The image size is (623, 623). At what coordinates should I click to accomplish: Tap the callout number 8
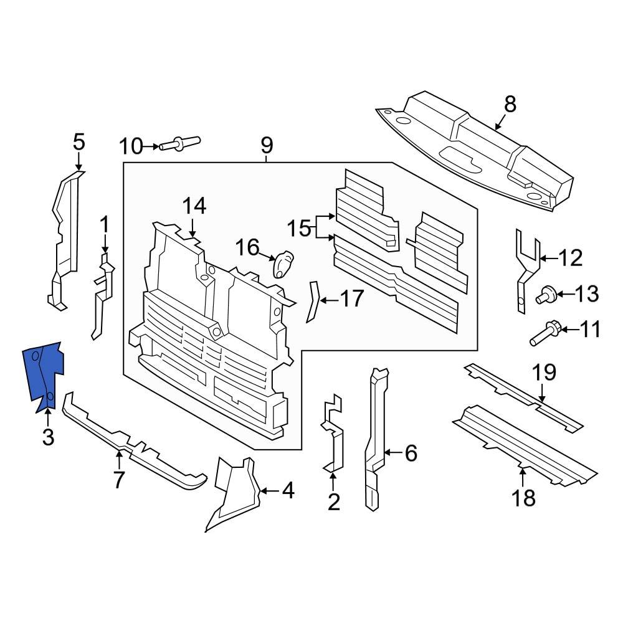coord(510,104)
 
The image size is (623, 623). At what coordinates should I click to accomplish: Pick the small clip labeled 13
coord(546,293)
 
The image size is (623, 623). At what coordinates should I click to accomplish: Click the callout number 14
coord(194,205)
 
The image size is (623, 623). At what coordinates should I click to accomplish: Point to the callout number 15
coord(298,228)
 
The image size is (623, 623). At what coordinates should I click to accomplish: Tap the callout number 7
coord(118,480)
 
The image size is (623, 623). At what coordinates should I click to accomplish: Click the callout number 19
coord(543,373)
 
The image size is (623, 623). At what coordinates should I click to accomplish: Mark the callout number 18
coord(523,498)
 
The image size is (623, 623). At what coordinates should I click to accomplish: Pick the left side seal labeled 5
coord(65,237)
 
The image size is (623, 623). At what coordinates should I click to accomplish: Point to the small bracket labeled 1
coord(102,293)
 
